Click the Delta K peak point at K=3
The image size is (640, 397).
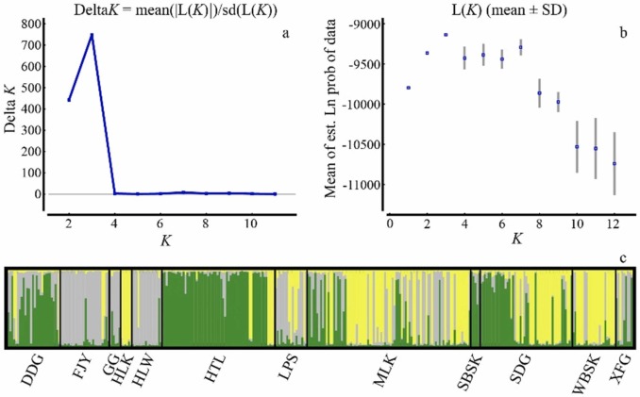click(x=92, y=35)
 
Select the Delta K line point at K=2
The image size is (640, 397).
click(x=69, y=100)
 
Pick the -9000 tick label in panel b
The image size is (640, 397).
click(x=363, y=24)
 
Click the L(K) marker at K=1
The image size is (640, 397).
click(x=408, y=88)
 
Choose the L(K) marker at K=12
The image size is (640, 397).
click(x=615, y=163)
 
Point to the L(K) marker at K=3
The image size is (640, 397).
click(x=446, y=35)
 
